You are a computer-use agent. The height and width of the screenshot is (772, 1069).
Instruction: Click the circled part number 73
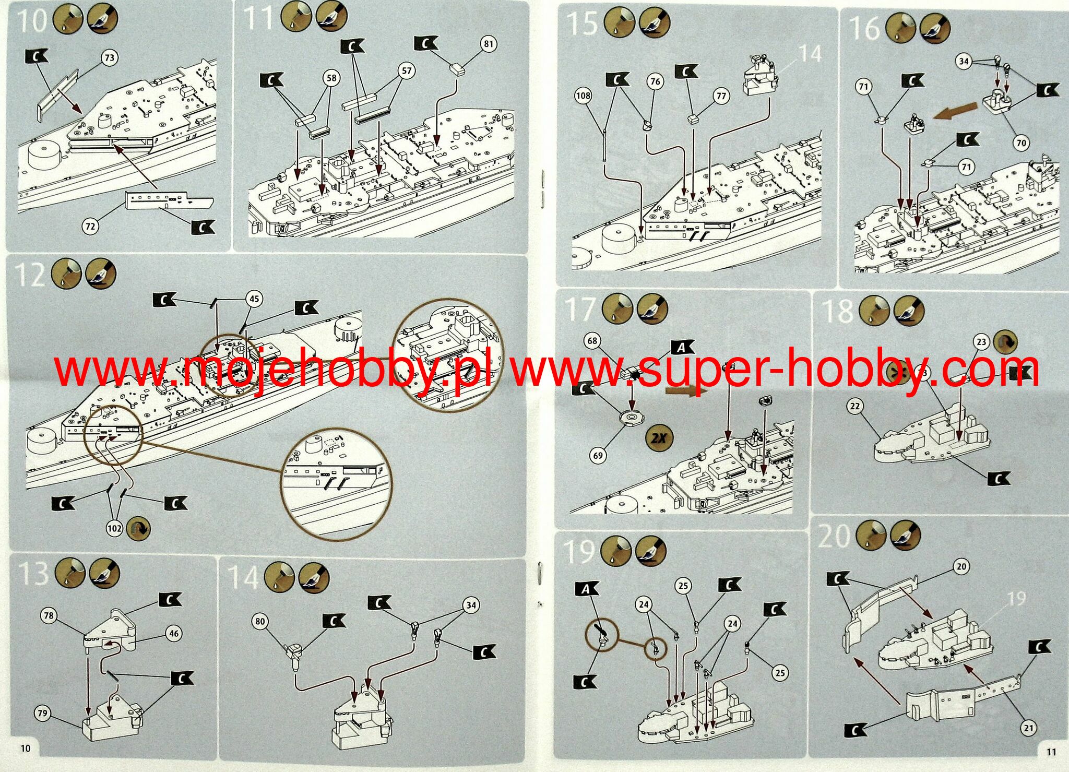click(x=109, y=57)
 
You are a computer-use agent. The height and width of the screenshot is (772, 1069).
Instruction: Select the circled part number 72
click(x=90, y=226)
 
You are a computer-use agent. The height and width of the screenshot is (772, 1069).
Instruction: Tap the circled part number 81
click(x=488, y=44)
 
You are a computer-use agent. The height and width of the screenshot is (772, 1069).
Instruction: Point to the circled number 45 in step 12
click(x=254, y=299)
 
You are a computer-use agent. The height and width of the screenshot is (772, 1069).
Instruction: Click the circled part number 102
click(x=114, y=528)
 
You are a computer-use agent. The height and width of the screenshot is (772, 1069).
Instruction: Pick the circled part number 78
click(x=49, y=615)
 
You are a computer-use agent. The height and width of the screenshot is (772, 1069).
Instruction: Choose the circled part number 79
click(x=43, y=713)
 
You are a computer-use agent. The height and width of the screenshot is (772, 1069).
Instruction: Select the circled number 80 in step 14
click(x=260, y=621)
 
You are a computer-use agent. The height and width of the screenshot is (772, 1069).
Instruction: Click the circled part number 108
click(x=583, y=96)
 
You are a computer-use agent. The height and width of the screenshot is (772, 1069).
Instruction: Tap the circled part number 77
click(x=721, y=96)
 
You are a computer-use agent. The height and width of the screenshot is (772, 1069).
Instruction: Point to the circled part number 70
click(x=1021, y=142)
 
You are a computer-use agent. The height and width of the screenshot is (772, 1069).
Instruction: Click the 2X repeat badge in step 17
click(x=660, y=437)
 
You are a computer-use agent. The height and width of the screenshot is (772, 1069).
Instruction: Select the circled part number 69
click(x=598, y=455)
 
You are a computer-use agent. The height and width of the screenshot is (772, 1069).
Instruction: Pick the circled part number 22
click(x=854, y=406)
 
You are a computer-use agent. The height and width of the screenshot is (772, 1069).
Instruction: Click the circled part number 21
click(x=1028, y=728)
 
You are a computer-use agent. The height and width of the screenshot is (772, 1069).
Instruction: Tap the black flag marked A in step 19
click(x=587, y=589)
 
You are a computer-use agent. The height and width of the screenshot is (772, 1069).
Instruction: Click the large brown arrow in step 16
click(x=955, y=111)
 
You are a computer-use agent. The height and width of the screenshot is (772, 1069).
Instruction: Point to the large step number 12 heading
click(x=30, y=275)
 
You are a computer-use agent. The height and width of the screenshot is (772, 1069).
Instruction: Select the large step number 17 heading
click(x=580, y=310)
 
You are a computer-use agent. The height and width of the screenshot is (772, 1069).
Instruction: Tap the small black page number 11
click(x=1051, y=752)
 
